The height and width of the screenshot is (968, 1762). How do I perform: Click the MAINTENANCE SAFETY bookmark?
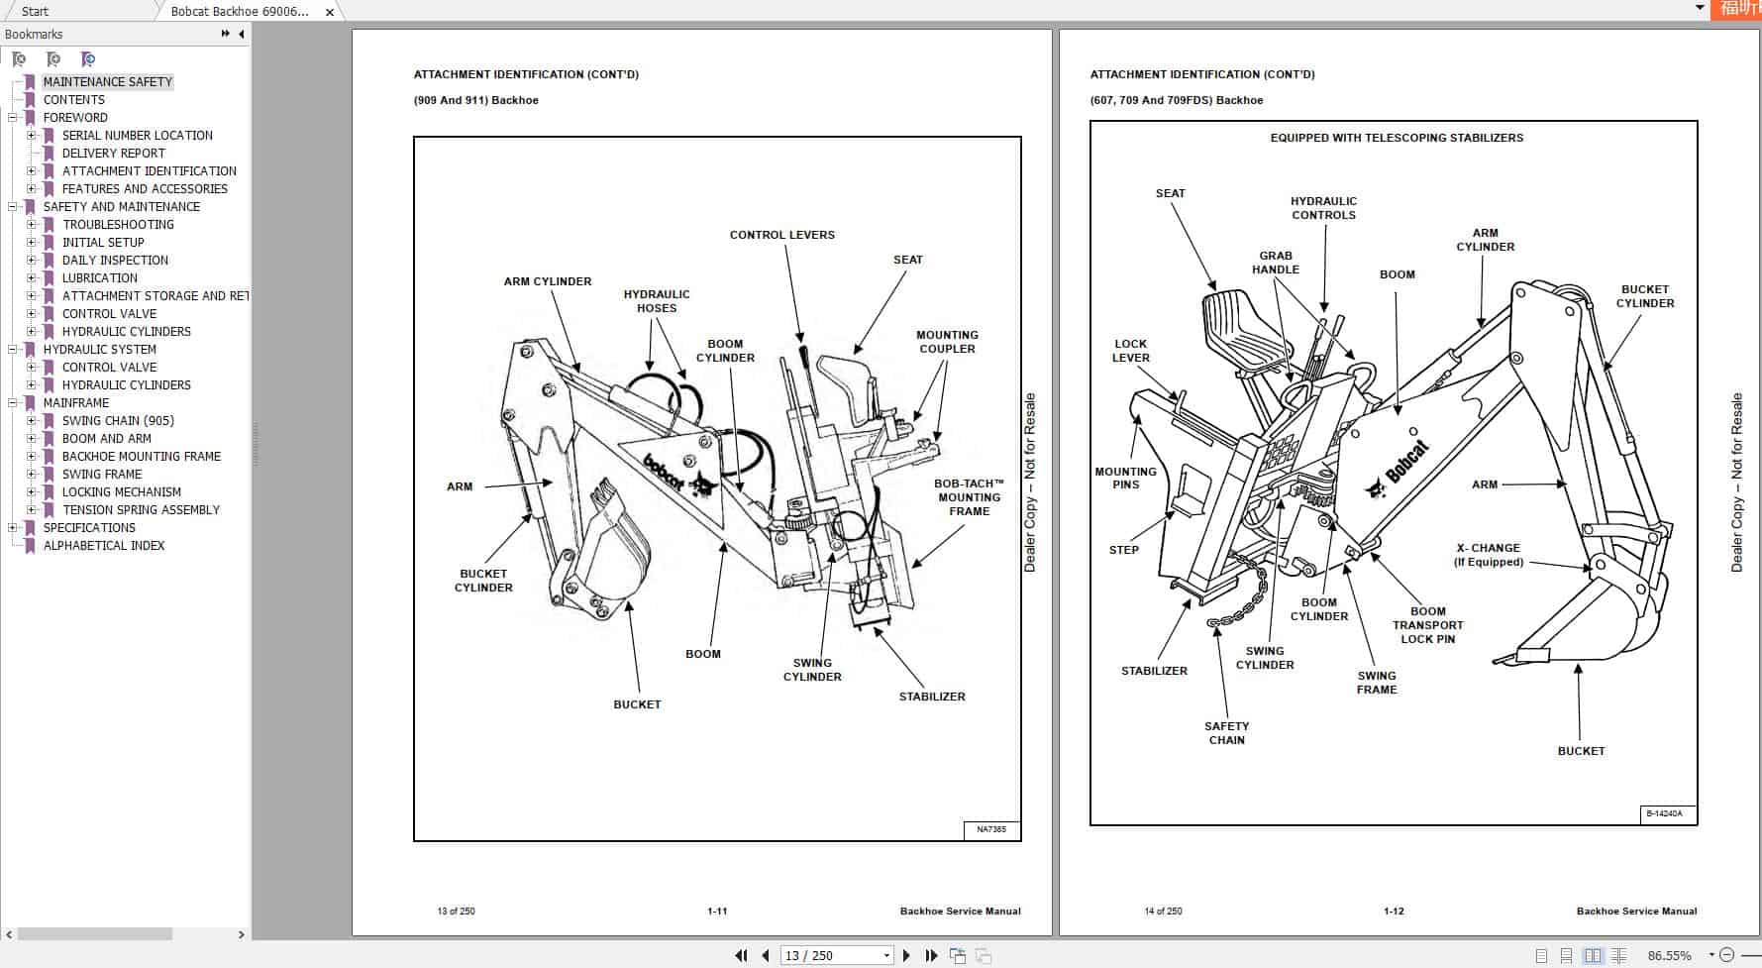pos(107,82)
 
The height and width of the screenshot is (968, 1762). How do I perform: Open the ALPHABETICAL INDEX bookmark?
pos(103,546)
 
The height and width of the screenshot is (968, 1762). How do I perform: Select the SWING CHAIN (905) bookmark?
pos(117,421)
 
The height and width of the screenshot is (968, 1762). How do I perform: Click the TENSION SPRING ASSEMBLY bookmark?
pos(141,510)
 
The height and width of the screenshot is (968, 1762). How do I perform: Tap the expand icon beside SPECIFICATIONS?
pos(13,528)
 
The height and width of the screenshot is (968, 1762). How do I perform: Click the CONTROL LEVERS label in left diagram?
pos(781,235)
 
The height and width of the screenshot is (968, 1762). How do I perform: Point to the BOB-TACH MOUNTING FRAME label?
pos(969,497)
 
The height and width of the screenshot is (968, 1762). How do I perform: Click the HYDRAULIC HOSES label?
pos(656,301)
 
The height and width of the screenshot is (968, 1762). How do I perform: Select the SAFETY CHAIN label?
pos(1226,733)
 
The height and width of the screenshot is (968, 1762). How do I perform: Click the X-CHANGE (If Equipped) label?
pos(1488,555)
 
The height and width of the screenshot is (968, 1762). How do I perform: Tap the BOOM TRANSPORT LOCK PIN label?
pos(1427,625)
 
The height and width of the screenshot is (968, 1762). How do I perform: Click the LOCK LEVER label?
pos(1130,351)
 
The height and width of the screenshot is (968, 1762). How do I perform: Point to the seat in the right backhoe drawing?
pos(1243,327)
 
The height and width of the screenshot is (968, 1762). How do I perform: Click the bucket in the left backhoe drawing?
pos(614,545)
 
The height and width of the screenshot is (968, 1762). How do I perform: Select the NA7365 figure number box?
pos(990,829)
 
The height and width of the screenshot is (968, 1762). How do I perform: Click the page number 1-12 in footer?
pos(1394,911)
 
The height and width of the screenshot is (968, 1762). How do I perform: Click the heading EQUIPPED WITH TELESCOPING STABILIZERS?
pos(1397,138)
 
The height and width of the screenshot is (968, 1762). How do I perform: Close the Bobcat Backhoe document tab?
pos(330,12)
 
